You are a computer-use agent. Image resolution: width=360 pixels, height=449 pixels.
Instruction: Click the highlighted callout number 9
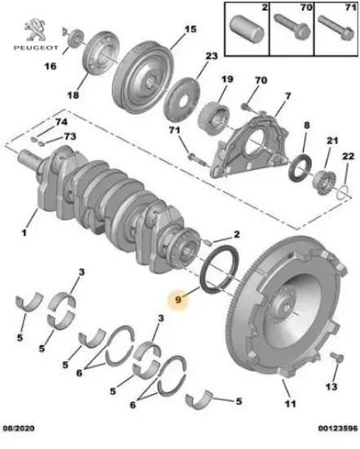[179, 300]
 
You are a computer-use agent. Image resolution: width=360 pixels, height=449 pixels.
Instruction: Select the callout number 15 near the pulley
[189, 29]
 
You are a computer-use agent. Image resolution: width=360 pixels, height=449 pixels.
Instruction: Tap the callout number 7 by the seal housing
[287, 96]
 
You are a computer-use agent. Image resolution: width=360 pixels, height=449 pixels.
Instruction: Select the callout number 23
[211, 56]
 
